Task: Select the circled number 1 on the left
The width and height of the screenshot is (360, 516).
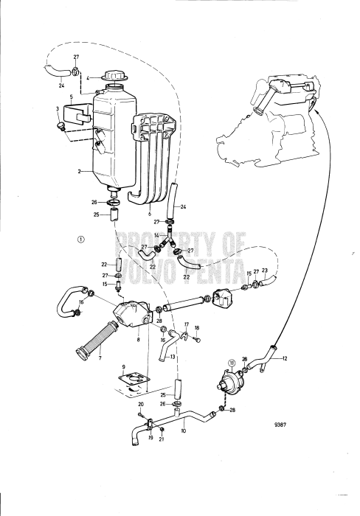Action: point(80,239)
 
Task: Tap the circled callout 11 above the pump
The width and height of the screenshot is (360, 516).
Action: point(230,362)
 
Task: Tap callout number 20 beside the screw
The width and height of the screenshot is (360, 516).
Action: point(141,405)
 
